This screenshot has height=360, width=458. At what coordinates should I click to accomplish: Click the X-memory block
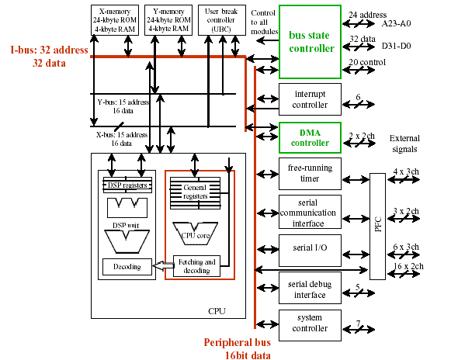point(115,20)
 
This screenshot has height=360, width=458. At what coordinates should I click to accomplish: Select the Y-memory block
point(168,20)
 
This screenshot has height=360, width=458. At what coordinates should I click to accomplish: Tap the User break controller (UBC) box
point(222,20)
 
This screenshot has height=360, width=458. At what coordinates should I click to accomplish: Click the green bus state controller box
point(310,42)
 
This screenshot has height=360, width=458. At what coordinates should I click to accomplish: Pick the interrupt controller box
point(310,99)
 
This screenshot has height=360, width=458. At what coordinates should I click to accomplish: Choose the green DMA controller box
point(310,137)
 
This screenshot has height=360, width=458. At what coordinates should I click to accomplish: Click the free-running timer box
point(310,174)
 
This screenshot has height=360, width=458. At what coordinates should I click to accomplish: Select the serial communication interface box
point(310,212)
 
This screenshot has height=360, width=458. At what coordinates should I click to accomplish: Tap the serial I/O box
point(310,251)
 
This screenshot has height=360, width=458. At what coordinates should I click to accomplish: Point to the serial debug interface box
point(310,288)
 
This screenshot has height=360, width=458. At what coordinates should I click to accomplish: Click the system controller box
point(310,325)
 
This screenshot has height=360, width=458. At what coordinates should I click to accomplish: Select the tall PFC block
point(378,227)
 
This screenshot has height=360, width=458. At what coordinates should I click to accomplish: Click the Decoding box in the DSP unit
point(127,267)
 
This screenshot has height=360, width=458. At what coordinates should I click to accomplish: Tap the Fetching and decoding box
point(196,266)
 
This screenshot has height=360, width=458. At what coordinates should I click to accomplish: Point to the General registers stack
point(195,193)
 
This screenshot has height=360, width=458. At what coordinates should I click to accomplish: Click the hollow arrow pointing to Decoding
point(163,265)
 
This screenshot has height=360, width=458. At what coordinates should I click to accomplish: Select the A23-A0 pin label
point(396,23)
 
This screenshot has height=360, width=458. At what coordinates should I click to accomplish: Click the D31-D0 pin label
point(397,46)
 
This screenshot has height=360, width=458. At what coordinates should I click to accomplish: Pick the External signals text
point(404,144)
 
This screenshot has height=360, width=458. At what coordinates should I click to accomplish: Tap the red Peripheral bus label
point(238,348)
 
